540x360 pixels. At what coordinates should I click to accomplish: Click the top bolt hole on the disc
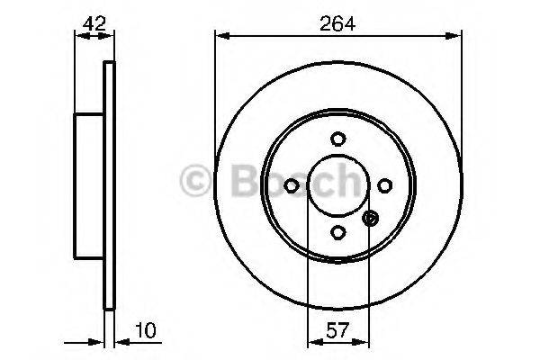click(337, 139)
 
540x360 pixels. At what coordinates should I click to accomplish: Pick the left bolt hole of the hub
click(292, 184)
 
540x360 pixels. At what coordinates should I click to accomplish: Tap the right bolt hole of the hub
click(384, 184)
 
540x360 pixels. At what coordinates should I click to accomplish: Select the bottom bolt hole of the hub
click(337, 231)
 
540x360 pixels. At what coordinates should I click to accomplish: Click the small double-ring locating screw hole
click(370, 217)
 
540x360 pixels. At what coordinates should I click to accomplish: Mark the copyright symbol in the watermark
click(193, 181)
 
